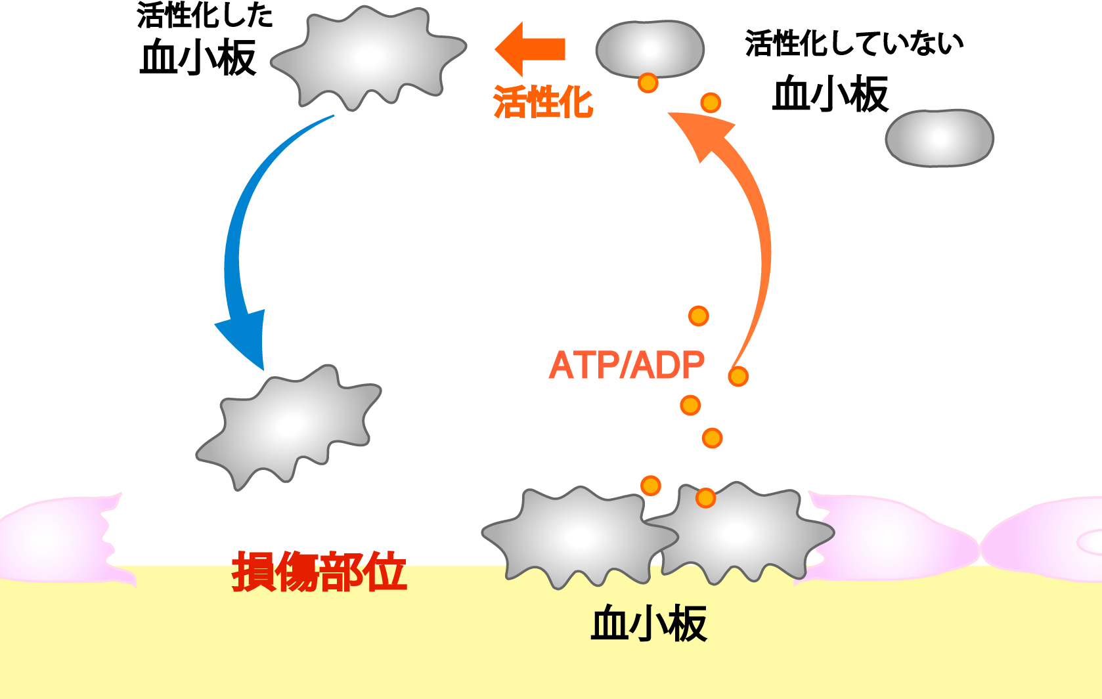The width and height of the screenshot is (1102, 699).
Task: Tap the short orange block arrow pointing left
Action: (x=530, y=49)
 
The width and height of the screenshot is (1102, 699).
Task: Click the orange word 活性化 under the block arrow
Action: (x=542, y=102)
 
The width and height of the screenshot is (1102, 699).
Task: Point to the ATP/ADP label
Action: (x=627, y=365)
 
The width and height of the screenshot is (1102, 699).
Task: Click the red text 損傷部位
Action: (x=319, y=571)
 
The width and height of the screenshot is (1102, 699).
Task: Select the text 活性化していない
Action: (x=854, y=43)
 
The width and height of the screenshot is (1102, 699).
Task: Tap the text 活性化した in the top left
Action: (x=205, y=14)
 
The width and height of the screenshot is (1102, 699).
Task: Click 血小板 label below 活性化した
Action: (x=198, y=58)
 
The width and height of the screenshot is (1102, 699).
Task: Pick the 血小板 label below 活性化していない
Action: (x=830, y=93)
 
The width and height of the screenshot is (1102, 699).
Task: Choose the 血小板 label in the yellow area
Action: (x=649, y=624)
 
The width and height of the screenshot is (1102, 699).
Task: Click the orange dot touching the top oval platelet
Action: (x=648, y=83)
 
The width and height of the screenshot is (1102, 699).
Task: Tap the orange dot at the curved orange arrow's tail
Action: (x=738, y=377)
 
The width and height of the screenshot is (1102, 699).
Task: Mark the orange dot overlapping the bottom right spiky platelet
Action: (x=705, y=498)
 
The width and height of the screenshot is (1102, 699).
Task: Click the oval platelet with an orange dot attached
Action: (x=650, y=49)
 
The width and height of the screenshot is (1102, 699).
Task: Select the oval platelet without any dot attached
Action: (x=939, y=138)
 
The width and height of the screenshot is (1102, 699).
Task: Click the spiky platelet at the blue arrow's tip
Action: (x=289, y=427)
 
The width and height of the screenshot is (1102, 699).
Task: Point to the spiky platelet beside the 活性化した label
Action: (x=368, y=58)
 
